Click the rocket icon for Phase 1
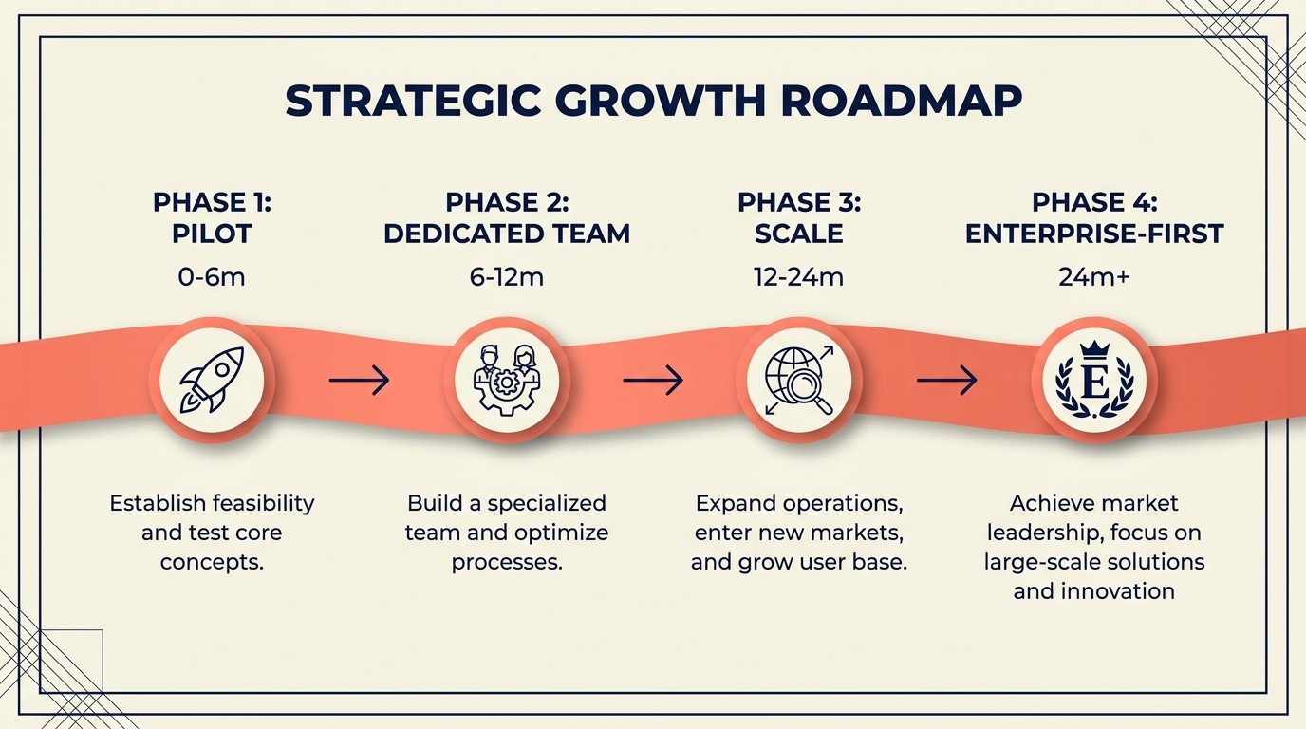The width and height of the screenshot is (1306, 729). [x=213, y=381]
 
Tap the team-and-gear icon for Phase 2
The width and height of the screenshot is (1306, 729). [x=507, y=381]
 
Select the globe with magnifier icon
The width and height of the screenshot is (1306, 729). [x=799, y=381]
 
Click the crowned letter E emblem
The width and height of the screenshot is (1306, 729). [x=1093, y=381]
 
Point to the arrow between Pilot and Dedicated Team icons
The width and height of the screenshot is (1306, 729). [x=359, y=381]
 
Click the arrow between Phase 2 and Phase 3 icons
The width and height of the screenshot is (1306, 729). [x=653, y=381]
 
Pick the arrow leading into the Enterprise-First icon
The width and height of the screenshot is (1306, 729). [x=946, y=381]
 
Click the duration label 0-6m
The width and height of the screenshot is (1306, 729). [x=212, y=277]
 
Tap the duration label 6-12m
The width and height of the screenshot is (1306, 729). [x=507, y=277]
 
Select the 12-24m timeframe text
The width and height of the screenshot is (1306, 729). [x=798, y=277]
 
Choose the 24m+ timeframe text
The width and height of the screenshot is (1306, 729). [x=1093, y=277]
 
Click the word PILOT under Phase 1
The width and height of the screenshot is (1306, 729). [x=212, y=234]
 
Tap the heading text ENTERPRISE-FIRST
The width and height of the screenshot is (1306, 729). [x=1094, y=234]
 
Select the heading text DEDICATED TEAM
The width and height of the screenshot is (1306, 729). [x=507, y=234]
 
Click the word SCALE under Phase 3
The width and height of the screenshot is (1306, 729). [x=798, y=234]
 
